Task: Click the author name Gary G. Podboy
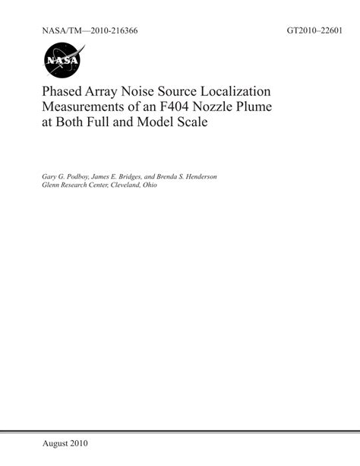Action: point(71,176)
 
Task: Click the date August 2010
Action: point(66,442)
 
